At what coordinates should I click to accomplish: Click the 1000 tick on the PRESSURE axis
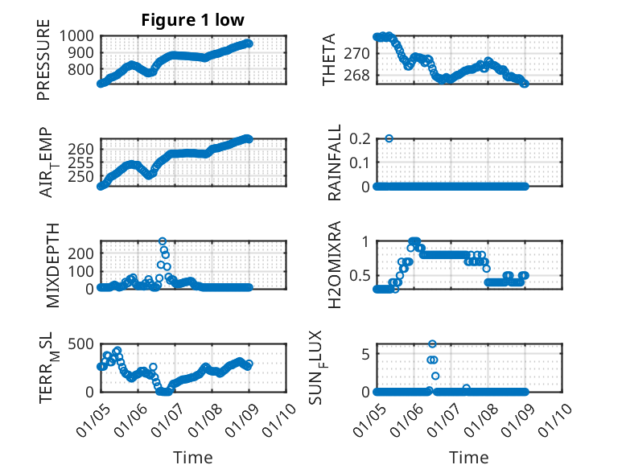point(76,36)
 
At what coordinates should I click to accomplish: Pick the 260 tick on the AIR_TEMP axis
point(80,149)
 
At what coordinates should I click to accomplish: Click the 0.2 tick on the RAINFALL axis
point(358,138)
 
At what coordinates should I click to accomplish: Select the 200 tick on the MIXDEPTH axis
point(80,252)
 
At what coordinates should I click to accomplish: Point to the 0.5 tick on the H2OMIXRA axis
point(358,275)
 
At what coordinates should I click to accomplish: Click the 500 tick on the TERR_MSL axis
point(80,344)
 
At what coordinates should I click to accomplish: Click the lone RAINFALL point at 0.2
point(389,138)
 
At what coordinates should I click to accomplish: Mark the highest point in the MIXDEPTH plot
point(163,241)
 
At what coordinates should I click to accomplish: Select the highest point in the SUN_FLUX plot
point(432,344)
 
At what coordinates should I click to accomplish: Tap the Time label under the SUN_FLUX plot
point(468,458)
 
